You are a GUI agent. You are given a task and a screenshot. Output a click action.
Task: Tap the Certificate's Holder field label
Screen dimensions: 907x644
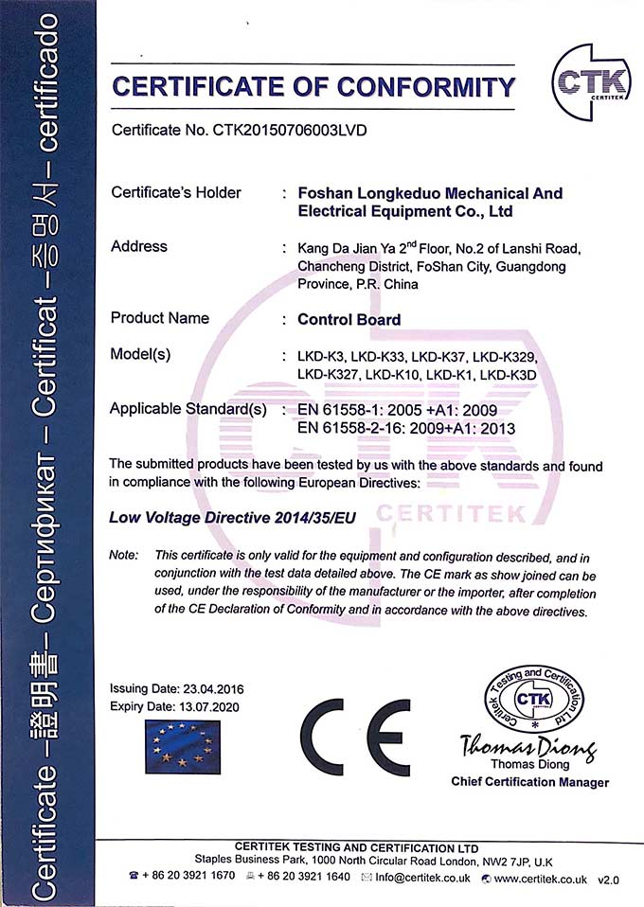click(x=176, y=192)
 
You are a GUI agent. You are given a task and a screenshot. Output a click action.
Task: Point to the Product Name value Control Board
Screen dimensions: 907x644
click(x=349, y=319)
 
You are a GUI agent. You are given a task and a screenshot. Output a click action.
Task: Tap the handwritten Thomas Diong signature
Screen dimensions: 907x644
click(x=527, y=748)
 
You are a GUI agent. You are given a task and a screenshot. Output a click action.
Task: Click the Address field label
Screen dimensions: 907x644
click(x=139, y=246)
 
